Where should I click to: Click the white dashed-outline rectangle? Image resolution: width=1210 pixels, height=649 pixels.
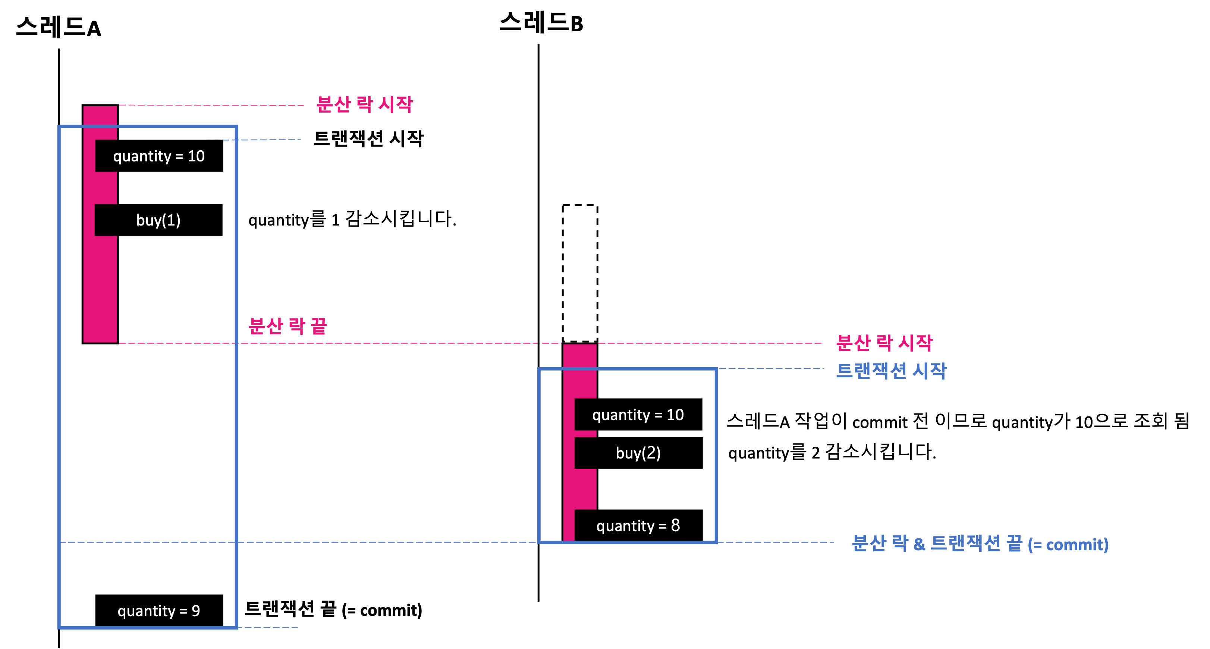coord(580,273)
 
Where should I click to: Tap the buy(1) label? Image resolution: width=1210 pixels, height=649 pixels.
coord(158,220)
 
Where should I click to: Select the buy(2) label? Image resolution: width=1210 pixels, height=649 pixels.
coord(638,453)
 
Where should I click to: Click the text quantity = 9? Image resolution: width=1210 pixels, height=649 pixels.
coord(159,611)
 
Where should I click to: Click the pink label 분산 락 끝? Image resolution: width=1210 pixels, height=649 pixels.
coord(287,326)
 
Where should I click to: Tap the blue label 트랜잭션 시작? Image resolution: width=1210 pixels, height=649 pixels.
coord(891,371)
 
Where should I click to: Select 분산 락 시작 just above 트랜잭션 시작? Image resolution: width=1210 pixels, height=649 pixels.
coord(884,343)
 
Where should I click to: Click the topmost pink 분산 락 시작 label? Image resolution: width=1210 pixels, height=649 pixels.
coord(365,104)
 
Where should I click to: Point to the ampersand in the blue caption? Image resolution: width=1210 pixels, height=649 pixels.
coord(919,545)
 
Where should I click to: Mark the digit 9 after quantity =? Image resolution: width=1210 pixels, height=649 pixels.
coord(196,611)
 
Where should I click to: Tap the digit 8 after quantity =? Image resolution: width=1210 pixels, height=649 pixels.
coord(675,526)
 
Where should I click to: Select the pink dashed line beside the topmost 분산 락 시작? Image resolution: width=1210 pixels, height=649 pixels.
coord(211,105)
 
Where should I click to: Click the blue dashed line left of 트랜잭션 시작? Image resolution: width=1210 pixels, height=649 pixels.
coord(770,369)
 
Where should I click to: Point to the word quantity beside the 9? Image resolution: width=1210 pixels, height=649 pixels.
coord(146,611)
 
